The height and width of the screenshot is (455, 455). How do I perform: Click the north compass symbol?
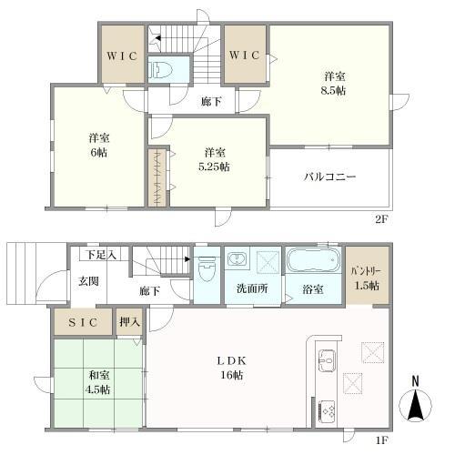tap(416, 400)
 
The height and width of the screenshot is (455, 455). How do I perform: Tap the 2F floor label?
tap(382, 219)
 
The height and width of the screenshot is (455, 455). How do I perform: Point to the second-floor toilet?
tap(160, 70)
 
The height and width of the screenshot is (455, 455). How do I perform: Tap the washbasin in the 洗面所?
tap(238, 259)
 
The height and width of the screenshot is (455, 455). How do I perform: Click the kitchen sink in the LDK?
tap(327, 360)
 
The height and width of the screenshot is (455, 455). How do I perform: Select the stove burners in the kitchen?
tap(328, 411)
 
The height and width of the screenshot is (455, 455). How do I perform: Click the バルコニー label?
tap(329, 177)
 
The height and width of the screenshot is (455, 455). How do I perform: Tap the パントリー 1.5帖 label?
tap(367, 278)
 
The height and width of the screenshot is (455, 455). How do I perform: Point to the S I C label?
tap(83, 322)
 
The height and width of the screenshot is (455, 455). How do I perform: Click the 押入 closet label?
tap(129, 322)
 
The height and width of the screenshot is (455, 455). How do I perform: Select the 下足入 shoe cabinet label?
tap(100, 255)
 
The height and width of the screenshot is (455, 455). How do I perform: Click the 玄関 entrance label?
tap(88, 281)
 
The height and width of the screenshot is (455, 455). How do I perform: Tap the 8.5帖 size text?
tap(334, 90)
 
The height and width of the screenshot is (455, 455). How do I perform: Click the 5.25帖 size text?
tap(214, 167)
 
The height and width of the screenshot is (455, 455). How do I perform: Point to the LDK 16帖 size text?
tap(231, 375)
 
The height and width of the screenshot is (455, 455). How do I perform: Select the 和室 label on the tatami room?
tap(99, 375)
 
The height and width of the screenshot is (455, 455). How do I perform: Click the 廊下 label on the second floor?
tap(211, 102)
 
